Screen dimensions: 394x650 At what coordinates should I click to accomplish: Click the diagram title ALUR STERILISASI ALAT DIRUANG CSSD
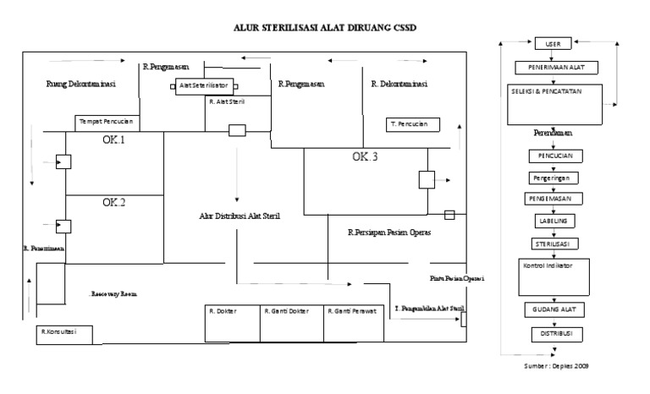pyautogui.click(x=325, y=28)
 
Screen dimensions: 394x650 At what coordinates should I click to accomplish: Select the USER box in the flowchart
pyautogui.click(x=554, y=43)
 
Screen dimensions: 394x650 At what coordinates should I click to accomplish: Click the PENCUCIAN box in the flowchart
pyautogui.click(x=554, y=156)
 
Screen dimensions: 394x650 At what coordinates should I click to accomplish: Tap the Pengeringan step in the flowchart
pyautogui.click(x=554, y=178)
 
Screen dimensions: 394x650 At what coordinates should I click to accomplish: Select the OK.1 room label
pyautogui.click(x=114, y=140)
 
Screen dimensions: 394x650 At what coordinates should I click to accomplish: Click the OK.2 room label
pyautogui.click(x=114, y=202)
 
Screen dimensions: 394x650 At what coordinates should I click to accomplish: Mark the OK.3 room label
pyautogui.click(x=366, y=156)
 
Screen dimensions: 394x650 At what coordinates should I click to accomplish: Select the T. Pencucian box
pyautogui.click(x=409, y=123)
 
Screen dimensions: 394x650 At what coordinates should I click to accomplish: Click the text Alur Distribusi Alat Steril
pyautogui.click(x=240, y=216)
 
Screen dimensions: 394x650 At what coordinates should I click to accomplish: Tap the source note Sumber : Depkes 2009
pyautogui.click(x=556, y=367)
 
